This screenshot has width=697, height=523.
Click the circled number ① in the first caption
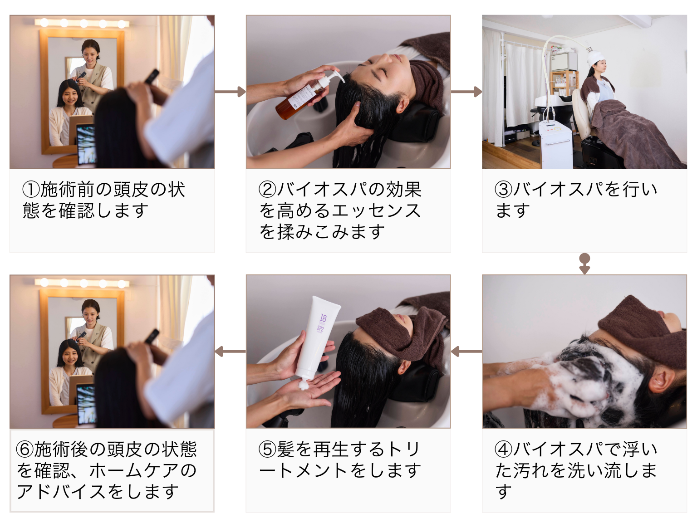click(31, 189)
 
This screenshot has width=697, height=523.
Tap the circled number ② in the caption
click(267, 189)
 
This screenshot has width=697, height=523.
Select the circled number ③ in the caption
click(504, 189)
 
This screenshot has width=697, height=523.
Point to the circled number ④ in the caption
click(504, 449)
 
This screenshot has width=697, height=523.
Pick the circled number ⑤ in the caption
click(267, 449)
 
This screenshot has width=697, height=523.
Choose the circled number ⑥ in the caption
click(25, 449)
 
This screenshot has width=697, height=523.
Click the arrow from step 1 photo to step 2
click(230, 92)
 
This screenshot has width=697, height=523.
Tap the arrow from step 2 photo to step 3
click(466, 92)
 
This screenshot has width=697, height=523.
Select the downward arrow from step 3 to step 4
click(584, 264)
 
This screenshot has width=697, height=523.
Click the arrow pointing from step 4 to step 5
click(466, 352)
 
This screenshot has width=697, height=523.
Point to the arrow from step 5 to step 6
click(230, 352)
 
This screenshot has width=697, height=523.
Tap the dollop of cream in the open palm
click(303, 385)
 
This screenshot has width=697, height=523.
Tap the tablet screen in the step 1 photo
click(86, 145)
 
